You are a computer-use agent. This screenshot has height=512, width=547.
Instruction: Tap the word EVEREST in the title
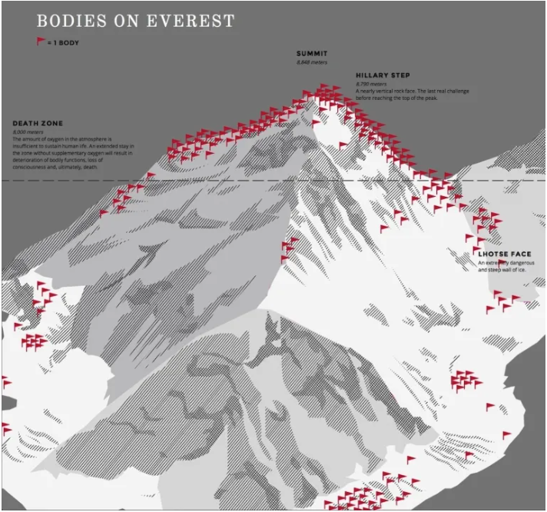point(191,21)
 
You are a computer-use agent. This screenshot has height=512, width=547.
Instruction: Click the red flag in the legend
point(41,42)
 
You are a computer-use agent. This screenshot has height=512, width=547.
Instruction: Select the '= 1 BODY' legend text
point(63,43)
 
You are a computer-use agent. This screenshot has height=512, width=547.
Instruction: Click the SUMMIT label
point(312,53)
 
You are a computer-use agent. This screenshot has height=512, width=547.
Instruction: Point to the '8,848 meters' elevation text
point(312,62)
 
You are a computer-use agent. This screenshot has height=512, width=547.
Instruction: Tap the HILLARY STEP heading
point(383,75)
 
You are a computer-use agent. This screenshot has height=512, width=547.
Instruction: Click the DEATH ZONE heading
point(38,123)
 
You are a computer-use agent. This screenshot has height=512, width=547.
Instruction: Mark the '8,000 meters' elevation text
point(28,132)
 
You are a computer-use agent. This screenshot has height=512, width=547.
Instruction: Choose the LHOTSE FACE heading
point(505,254)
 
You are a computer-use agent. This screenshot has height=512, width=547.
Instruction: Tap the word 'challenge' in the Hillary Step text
point(457,91)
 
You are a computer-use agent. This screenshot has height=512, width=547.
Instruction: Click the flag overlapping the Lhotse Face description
point(502,264)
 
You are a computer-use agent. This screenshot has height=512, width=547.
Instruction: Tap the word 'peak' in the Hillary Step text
point(431,98)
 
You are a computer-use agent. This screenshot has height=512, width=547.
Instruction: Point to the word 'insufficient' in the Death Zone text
point(27,146)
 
